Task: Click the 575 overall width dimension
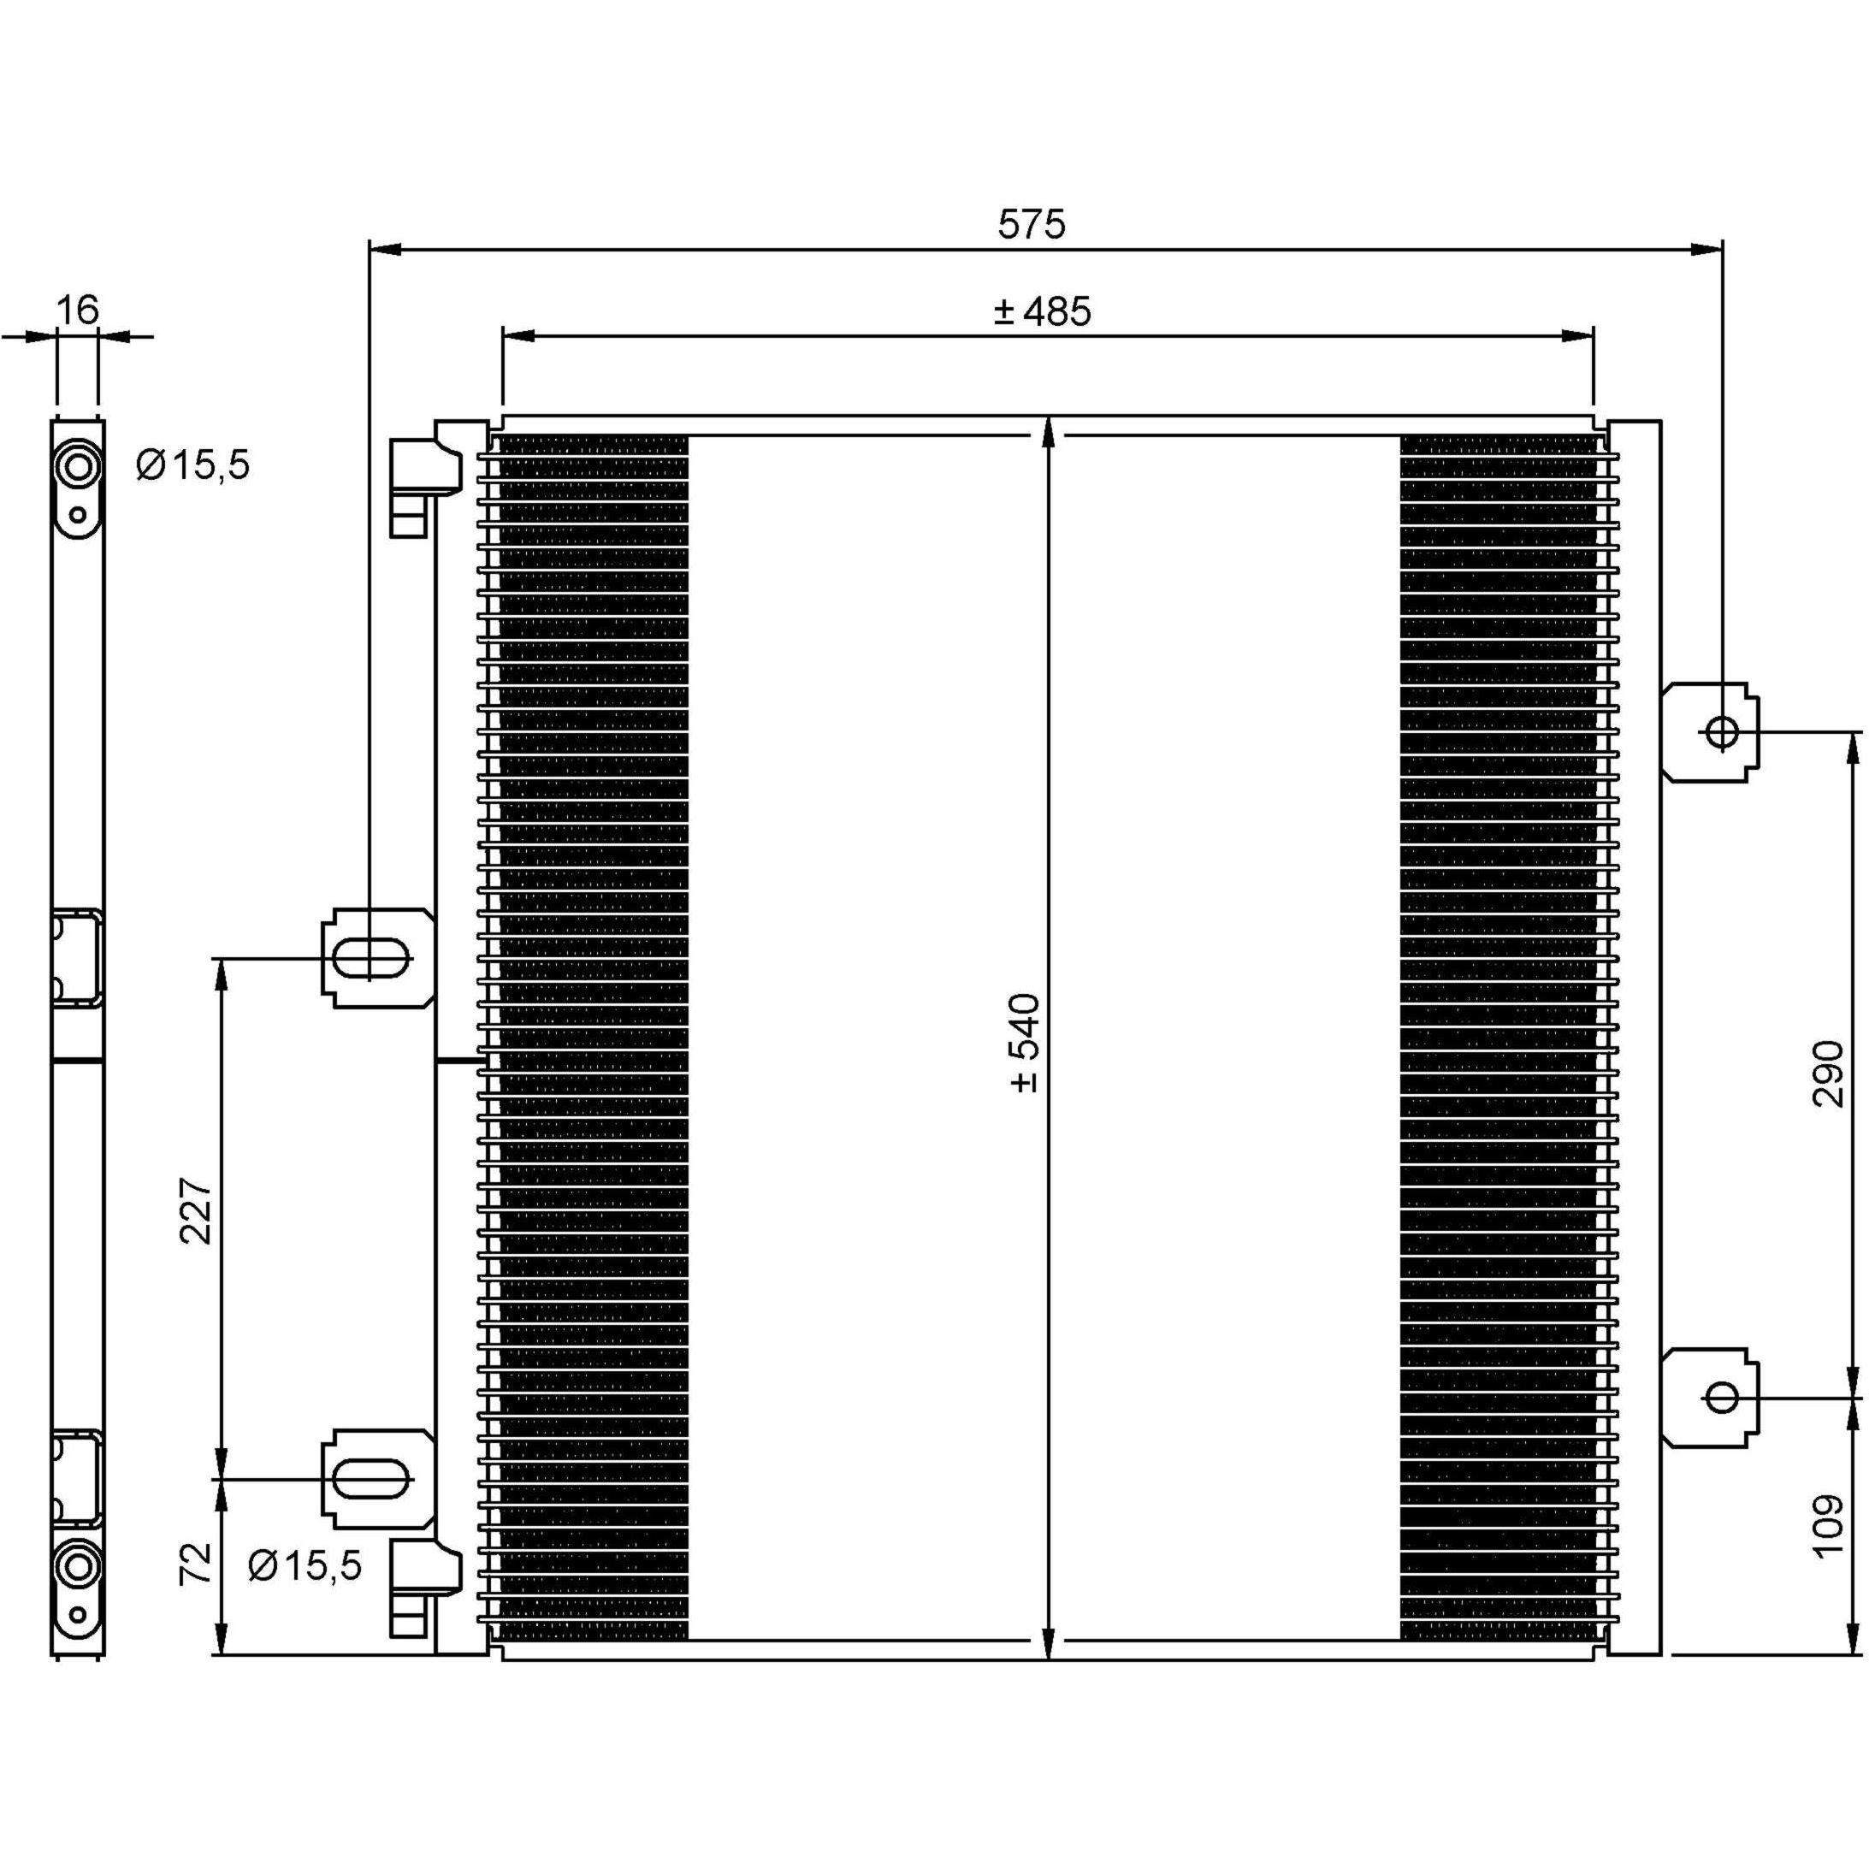pos(1032,223)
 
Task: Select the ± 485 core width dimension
pos(1041,311)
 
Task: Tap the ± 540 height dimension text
pos(1026,1042)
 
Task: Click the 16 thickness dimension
pos(77,310)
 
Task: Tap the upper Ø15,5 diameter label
pos(193,465)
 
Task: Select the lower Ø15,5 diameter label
pos(305,1564)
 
